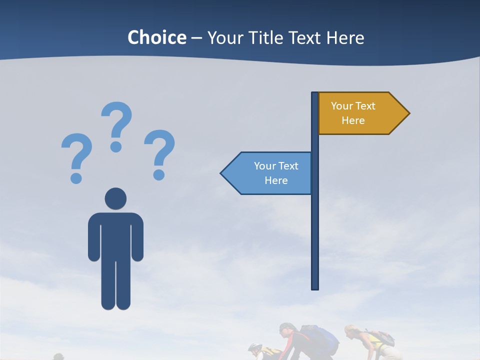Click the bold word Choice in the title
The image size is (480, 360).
(x=156, y=37)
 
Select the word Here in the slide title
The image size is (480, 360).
(x=345, y=37)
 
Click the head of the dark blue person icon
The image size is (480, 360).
(x=115, y=198)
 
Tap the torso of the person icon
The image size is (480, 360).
(x=115, y=235)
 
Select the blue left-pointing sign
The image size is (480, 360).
(x=270, y=173)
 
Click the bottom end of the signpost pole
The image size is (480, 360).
(x=315, y=287)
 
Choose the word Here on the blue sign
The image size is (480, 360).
(x=276, y=180)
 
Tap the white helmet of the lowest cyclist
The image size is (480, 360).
(x=254, y=347)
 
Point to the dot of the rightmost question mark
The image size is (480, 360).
(x=159, y=175)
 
